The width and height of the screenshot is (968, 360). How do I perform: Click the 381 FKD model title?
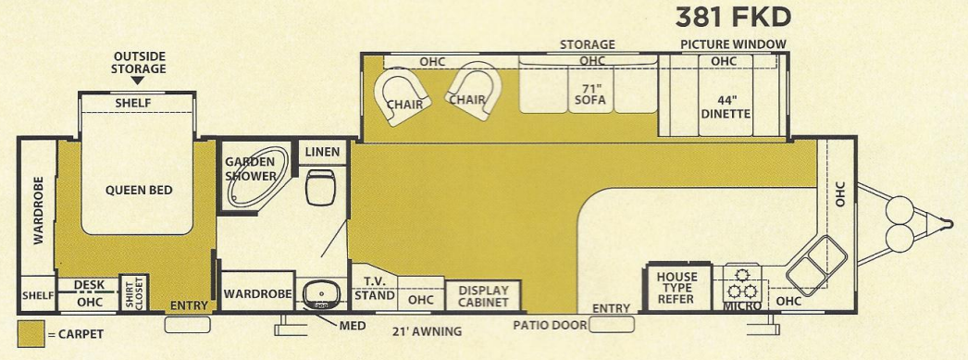(x=733, y=18)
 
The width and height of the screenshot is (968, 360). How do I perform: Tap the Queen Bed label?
(x=139, y=191)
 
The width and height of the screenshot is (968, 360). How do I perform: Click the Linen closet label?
(x=322, y=152)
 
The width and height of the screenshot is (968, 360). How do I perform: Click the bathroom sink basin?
(x=321, y=293)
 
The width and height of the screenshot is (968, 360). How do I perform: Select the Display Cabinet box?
(x=484, y=296)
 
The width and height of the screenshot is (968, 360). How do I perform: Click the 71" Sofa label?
(x=589, y=93)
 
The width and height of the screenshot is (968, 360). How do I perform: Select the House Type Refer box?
(x=676, y=288)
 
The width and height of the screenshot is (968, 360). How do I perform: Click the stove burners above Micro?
(x=742, y=279)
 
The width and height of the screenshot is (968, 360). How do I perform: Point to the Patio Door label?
(x=550, y=325)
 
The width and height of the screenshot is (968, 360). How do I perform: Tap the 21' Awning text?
(x=426, y=330)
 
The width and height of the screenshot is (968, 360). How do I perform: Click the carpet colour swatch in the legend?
(x=31, y=333)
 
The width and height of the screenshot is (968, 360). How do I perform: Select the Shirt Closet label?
(x=134, y=293)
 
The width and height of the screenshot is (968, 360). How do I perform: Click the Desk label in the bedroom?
(x=90, y=285)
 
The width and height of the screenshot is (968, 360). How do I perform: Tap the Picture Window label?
(x=733, y=44)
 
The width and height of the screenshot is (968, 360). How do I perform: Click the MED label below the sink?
(x=352, y=326)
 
